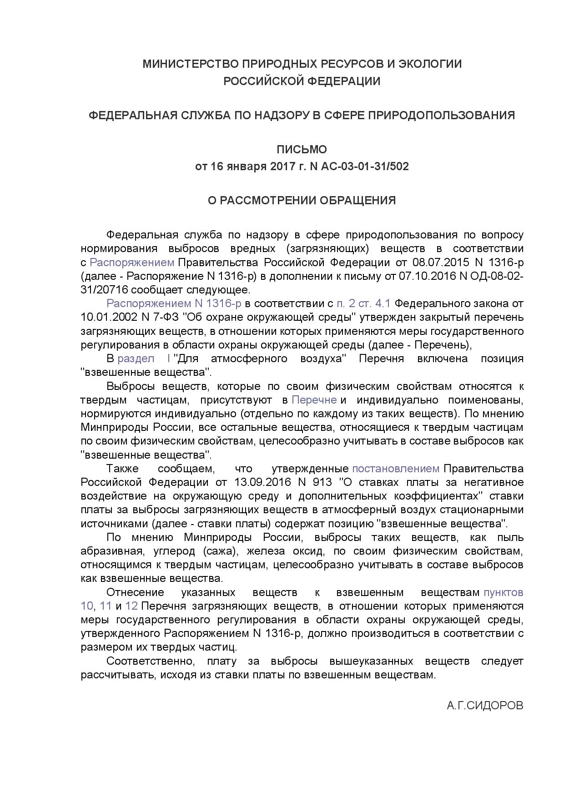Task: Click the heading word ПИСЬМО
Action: click(302, 149)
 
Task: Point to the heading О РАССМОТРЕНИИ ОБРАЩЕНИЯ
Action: click(302, 201)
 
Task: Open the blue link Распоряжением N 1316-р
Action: click(174, 303)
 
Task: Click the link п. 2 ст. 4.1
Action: click(363, 303)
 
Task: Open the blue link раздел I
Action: click(144, 359)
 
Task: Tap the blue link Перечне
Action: click(314, 400)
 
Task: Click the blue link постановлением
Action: click(396, 469)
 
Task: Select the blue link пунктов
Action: click(503, 592)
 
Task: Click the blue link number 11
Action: click(106, 606)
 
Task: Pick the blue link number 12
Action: click(131, 606)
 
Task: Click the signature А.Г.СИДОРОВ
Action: click(485, 706)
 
